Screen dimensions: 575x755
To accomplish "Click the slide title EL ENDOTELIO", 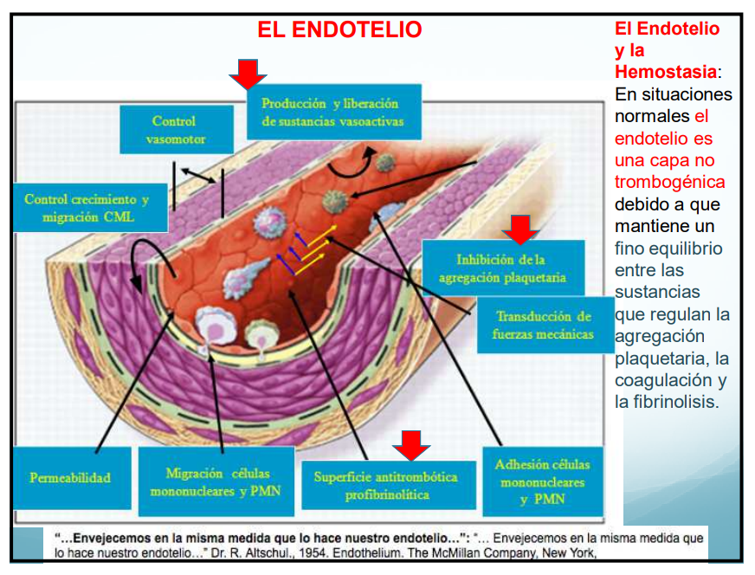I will click(339, 30).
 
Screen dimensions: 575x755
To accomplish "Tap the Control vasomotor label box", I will click(173, 130).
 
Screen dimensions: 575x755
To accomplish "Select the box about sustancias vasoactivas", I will click(332, 112).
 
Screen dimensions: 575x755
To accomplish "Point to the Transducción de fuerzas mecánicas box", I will click(543, 325).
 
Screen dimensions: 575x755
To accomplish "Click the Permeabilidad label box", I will click(70, 477).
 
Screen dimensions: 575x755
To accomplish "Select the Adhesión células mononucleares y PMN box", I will click(542, 482).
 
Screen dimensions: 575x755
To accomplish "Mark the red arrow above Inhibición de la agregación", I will click(521, 229).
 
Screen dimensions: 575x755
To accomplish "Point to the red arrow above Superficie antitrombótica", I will click(411, 445).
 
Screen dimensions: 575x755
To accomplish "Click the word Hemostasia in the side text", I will click(665, 72).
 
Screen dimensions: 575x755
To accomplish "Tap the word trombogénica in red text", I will click(669, 182).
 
